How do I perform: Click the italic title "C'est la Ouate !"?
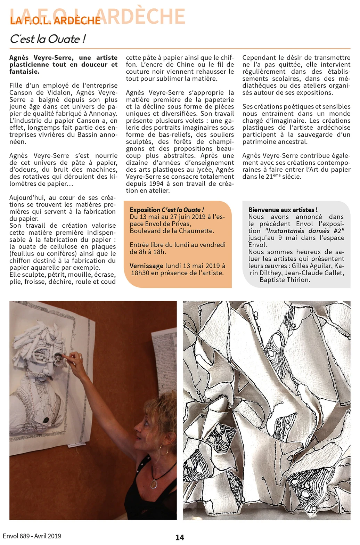click(x=48, y=39)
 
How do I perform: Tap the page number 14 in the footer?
click(x=180, y=537)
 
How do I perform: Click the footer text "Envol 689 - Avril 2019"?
click(x=32, y=536)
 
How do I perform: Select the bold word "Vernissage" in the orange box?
click(x=146, y=266)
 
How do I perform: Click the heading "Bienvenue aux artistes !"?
click(x=283, y=210)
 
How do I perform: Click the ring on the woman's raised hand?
click(x=80, y=357)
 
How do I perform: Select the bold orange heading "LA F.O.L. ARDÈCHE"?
click(x=55, y=21)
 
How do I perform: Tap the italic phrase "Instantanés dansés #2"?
click(x=304, y=231)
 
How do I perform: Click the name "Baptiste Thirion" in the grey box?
click(x=285, y=280)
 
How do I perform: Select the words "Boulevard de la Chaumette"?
click(x=171, y=231)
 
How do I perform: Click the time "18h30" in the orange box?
click(x=140, y=273)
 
